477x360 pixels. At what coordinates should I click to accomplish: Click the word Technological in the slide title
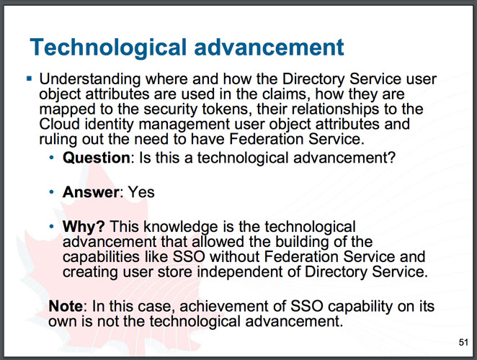point(108,48)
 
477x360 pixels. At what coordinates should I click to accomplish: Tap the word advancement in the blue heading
point(269,48)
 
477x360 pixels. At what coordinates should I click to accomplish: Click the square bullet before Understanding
point(30,79)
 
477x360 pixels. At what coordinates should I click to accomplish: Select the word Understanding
point(90,80)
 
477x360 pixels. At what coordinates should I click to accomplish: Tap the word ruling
point(58,140)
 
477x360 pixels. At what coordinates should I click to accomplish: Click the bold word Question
point(97,158)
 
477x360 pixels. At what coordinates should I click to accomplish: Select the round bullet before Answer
point(51,192)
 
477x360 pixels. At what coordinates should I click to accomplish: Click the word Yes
point(141,192)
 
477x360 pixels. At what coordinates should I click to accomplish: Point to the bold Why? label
point(84,227)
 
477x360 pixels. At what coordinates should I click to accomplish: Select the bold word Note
point(66,306)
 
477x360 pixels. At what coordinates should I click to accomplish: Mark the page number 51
point(463,343)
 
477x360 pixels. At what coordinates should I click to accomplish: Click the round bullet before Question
point(51,158)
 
